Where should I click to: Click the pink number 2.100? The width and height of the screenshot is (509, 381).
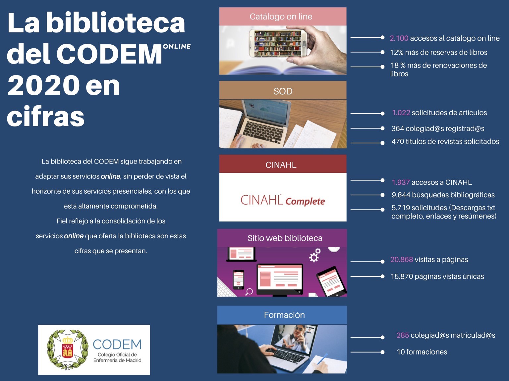(399, 38)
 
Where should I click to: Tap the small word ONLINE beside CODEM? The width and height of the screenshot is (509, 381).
(177, 47)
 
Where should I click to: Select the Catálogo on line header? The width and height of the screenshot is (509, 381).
(283, 17)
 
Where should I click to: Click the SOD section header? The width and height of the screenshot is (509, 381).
(283, 91)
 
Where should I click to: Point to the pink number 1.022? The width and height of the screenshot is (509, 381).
(401, 113)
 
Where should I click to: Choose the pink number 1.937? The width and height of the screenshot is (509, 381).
(401, 182)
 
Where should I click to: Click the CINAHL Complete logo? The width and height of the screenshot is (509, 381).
(283, 200)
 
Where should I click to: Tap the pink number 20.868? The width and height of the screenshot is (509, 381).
(402, 260)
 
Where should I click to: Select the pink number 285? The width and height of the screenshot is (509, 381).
(403, 335)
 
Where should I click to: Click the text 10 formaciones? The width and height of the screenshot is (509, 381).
(422, 352)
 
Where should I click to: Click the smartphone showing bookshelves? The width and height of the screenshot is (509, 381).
(278, 43)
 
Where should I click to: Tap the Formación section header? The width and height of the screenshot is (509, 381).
(282, 315)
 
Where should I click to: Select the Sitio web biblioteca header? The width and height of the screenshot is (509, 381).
(282, 238)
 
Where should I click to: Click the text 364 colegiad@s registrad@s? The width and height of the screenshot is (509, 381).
(438, 128)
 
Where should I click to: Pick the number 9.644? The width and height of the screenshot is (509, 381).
(401, 195)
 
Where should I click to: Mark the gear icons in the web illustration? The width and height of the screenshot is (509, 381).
(315, 255)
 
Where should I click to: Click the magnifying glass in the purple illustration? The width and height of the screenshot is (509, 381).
(249, 292)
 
